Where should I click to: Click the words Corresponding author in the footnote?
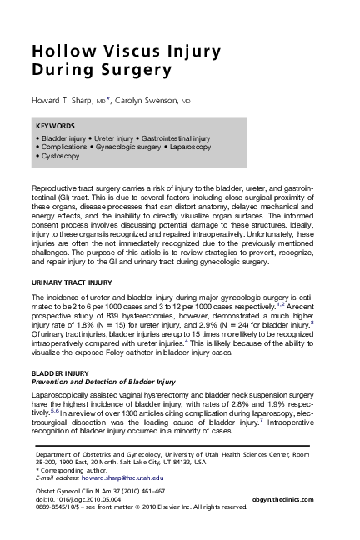point(68,470)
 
